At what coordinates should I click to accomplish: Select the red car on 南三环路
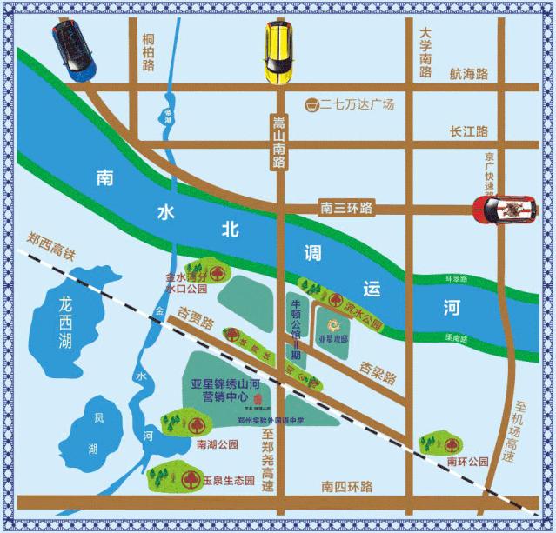(502, 209)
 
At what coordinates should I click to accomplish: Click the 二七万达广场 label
(358, 104)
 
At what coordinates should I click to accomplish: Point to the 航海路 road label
(469, 75)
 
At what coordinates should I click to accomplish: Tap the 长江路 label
(469, 131)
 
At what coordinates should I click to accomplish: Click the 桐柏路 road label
(147, 52)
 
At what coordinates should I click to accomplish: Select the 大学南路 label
(425, 53)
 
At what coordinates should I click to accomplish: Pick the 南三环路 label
(345, 208)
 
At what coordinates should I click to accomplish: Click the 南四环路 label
(346, 485)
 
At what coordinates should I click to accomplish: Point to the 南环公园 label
(464, 460)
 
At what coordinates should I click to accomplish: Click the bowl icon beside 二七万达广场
(310, 104)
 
